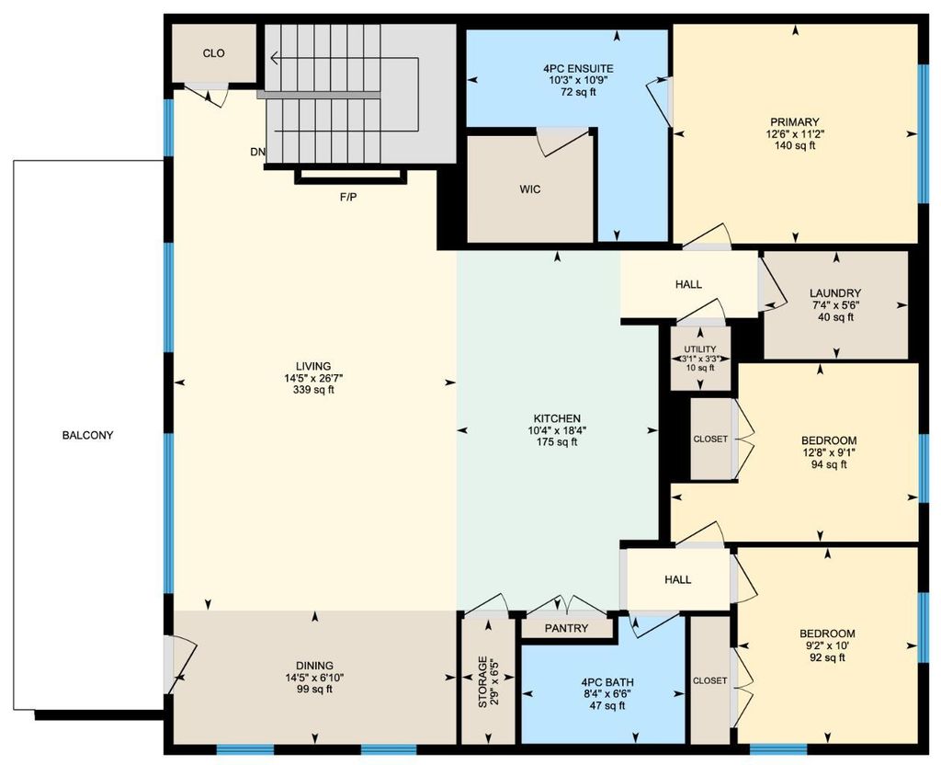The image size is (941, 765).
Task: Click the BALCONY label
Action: (x=88, y=435)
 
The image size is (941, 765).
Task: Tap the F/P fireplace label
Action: (x=348, y=197)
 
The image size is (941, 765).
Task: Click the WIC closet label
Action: (x=529, y=189)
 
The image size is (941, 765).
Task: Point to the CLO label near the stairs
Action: (x=214, y=53)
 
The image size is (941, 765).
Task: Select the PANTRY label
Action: (x=567, y=630)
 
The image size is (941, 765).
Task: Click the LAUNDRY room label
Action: (x=835, y=293)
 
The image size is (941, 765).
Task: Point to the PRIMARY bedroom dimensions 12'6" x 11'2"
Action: (x=795, y=133)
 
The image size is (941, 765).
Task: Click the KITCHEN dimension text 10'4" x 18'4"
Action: (x=555, y=430)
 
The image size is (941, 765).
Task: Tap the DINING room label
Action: (x=314, y=666)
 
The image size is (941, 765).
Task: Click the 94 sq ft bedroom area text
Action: (x=829, y=464)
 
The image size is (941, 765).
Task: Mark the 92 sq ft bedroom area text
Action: (x=827, y=657)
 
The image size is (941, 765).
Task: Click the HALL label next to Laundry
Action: (x=688, y=285)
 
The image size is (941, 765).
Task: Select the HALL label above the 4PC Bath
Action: (x=678, y=579)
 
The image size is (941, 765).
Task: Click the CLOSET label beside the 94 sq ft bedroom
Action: (x=709, y=440)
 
